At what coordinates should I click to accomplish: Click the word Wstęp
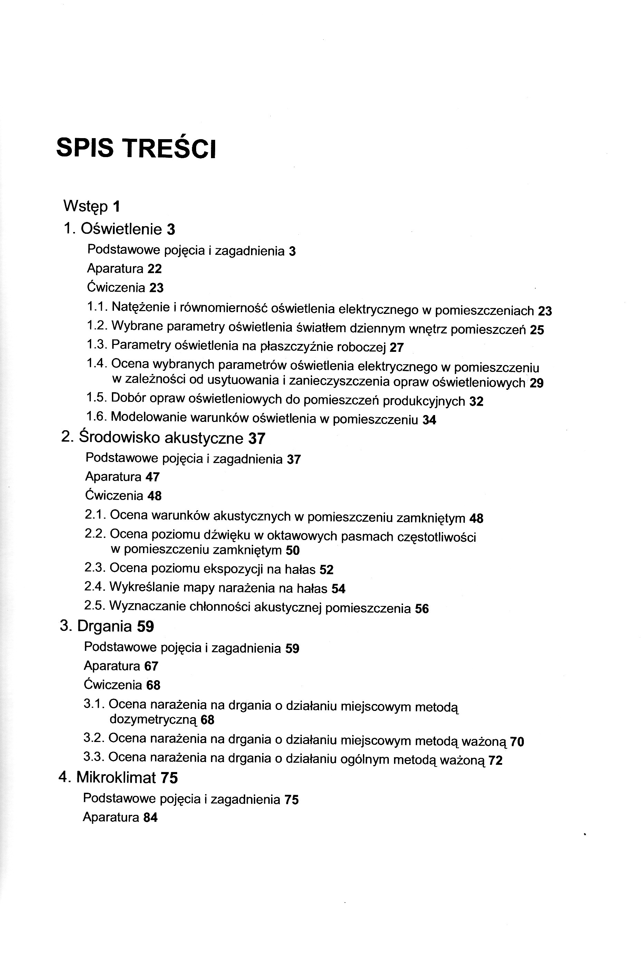(x=85, y=206)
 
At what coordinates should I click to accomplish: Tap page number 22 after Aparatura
(x=155, y=269)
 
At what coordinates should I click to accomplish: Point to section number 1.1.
(x=97, y=307)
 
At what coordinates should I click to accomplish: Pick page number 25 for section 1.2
(x=537, y=330)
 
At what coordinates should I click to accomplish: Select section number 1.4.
(x=97, y=363)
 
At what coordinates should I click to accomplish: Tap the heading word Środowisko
(x=119, y=438)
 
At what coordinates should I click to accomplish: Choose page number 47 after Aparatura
(x=153, y=477)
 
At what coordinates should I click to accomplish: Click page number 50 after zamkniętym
(x=293, y=550)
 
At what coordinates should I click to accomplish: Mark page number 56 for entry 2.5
(x=422, y=609)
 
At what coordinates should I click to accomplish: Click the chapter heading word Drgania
(x=104, y=626)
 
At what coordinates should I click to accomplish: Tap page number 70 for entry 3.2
(x=517, y=742)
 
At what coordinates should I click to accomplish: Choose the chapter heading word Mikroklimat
(x=116, y=778)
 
